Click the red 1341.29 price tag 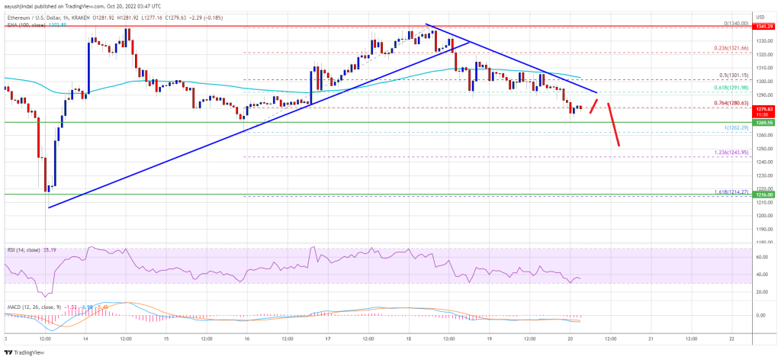point(764,27)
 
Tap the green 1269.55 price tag point(764,122)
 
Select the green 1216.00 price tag point(764,195)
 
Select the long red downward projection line point(613,124)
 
